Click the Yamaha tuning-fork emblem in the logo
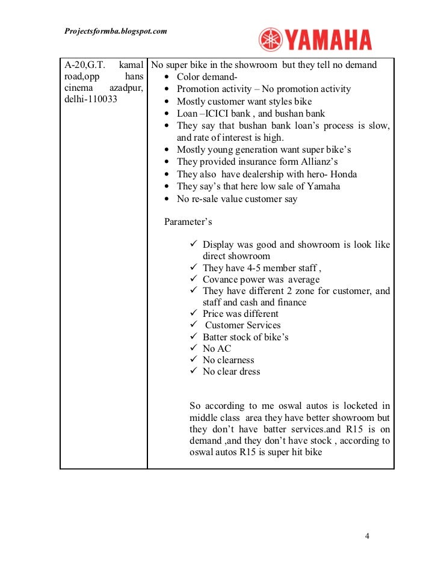click(x=271, y=40)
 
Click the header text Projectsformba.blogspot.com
click(x=115, y=31)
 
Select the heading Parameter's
click(x=188, y=222)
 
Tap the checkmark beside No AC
click(x=194, y=348)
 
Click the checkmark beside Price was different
click(x=194, y=314)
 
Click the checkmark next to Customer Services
click(x=194, y=325)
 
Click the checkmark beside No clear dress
click(x=194, y=371)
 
